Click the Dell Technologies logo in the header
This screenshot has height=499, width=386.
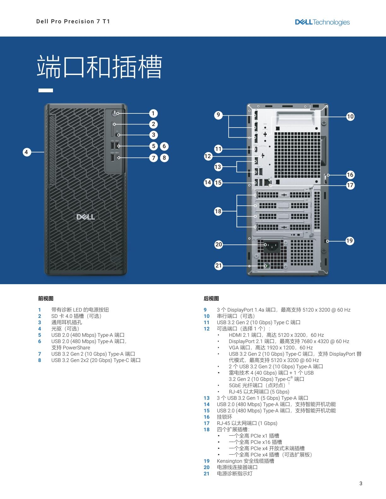tap(322, 22)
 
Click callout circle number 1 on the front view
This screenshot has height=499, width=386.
tap(153, 113)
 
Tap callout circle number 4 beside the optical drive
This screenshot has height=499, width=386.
tap(27, 152)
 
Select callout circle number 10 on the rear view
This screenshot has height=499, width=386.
tap(350, 117)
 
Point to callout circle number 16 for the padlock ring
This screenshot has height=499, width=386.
tap(350, 175)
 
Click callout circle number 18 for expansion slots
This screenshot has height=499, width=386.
tap(218, 211)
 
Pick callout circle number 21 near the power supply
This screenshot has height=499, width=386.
tap(219, 266)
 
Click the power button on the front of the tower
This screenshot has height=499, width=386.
tap(115, 113)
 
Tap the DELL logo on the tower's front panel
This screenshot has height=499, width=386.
tap(85, 217)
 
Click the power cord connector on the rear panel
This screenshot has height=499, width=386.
tap(272, 246)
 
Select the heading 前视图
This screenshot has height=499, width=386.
tap(46, 299)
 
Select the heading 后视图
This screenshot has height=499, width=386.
tap(211, 299)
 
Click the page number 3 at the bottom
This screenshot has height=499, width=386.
tap(361, 483)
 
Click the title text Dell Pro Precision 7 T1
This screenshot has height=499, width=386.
tap(73, 21)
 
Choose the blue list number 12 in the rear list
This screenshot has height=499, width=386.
tap(207, 329)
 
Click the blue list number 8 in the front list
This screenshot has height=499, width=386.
tap(39, 360)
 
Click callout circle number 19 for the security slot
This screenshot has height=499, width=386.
tap(350, 241)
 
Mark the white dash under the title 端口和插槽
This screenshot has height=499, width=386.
tap(46, 90)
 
